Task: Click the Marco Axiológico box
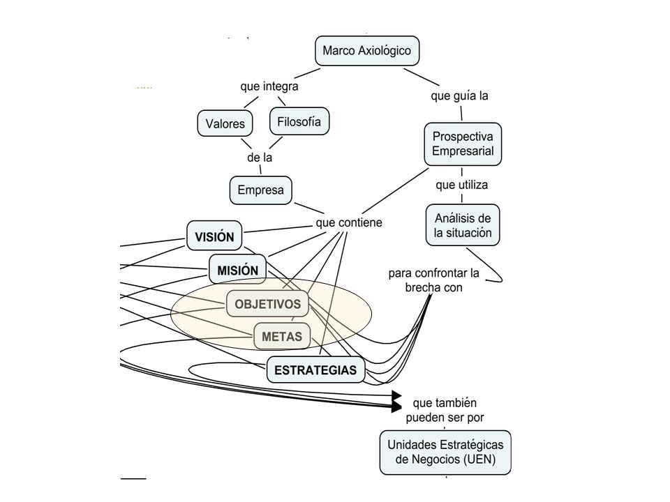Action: (x=367, y=51)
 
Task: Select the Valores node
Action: (x=225, y=123)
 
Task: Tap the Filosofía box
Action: (x=299, y=121)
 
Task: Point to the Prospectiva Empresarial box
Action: (x=463, y=144)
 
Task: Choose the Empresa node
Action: (x=260, y=190)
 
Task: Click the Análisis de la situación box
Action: (x=463, y=225)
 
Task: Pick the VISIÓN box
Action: (x=214, y=236)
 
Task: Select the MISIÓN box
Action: (x=237, y=270)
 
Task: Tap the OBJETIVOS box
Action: (x=267, y=304)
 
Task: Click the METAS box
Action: (x=282, y=336)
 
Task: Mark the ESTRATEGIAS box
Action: (x=315, y=370)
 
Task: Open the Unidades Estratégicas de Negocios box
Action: (x=445, y=452)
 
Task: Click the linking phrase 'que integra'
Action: (x=269, y=86)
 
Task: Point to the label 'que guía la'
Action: (x=459, y=96)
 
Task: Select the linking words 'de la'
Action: (x=260, y=158)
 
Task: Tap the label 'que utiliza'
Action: (x=462, y=185)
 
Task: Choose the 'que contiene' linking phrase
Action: (x=349, y=222)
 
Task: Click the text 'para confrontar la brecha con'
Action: (x=433, y=280)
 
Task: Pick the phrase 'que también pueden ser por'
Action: (x=445, y=410)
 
